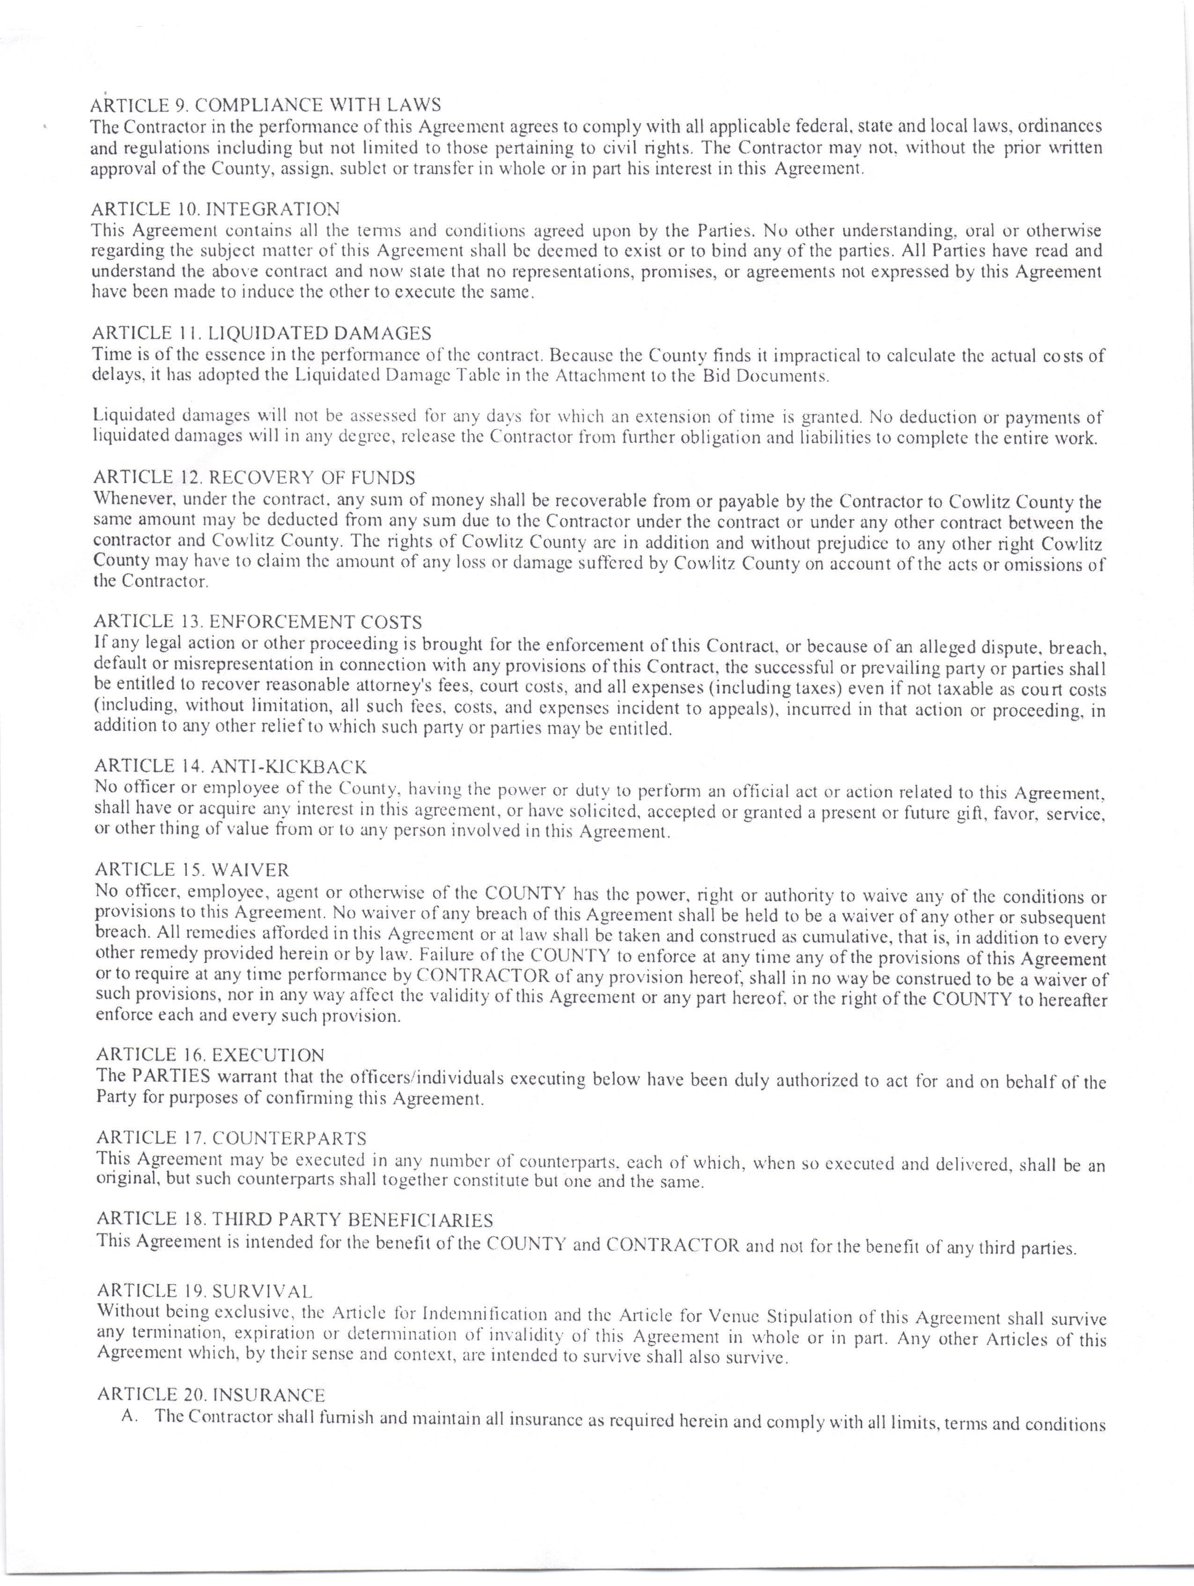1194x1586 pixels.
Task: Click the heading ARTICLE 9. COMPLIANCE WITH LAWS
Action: pyautogui.click(x=265, y=105)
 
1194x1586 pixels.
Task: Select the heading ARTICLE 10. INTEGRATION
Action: pyautogui.click(x=215, y=209)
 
